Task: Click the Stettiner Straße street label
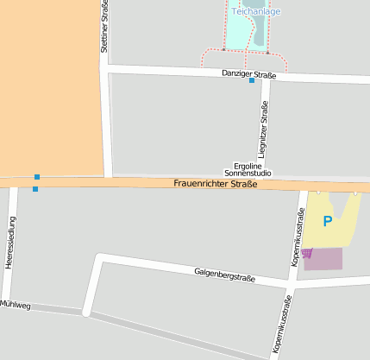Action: click(104, 28)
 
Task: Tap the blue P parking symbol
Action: click(328, 221)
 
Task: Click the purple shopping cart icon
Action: click(308, 253)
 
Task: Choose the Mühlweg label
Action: click(16, 305)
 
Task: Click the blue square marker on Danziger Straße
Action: click(252, 81)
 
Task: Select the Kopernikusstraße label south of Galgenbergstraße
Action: click(283, 326)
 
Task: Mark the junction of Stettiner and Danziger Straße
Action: click(106, 67)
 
